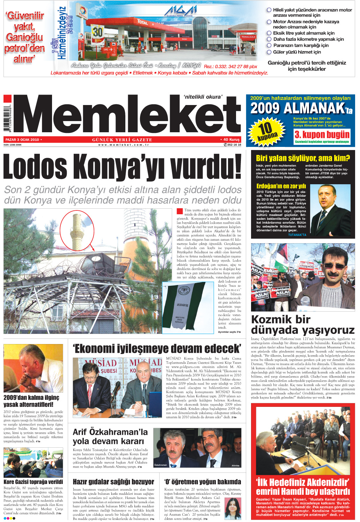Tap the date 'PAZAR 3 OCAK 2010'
[x=22, y=140]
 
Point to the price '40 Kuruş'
[x=231, y=140]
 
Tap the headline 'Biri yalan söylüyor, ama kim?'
[x=303, y=158]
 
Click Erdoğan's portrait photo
[x=330, y=210]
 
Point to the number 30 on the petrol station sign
[x=98, y=32]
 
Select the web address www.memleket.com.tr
[x=124, y=145]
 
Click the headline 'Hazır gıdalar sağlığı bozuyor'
[x=113, y=482]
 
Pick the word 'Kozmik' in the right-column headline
[x=271, y=320]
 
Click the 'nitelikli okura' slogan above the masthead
[x=203, y=97]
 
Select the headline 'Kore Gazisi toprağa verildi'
[x=33, y=482]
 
